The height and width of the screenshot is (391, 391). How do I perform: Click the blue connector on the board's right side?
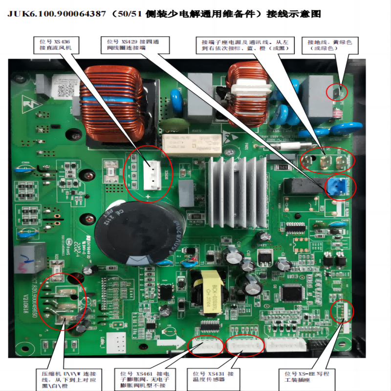(x=338, y=185)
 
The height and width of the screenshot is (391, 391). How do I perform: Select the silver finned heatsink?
(x=233, y=188)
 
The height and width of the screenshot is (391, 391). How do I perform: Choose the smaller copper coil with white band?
(x=247, y=93)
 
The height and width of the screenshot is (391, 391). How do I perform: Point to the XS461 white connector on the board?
(x=204, y=346)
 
